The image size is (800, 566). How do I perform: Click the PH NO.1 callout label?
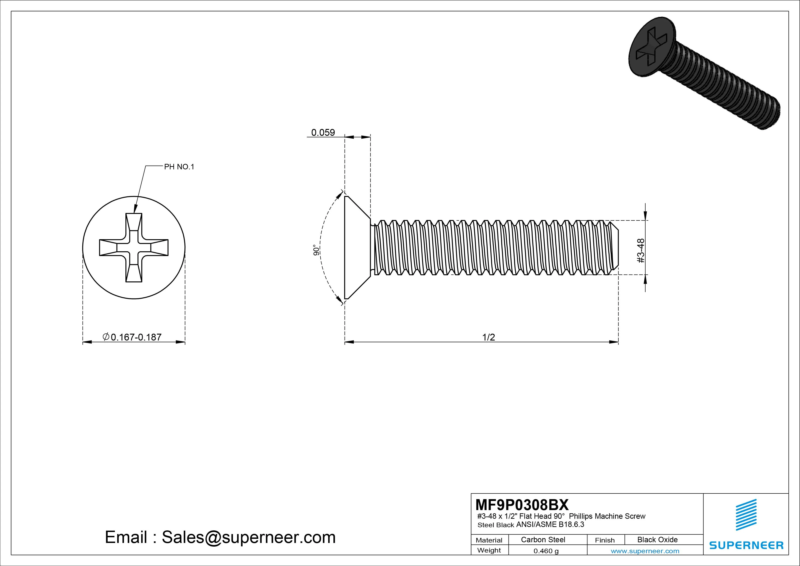point(179,167)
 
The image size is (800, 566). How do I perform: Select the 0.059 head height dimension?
point(323,133)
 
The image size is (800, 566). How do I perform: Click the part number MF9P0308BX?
point(522,505)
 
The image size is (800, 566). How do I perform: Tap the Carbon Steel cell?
point(543,540)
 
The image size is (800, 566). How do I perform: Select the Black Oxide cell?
point(657,540)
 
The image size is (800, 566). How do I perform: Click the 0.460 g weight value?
point(546,551)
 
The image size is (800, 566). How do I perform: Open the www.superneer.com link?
point(645,551)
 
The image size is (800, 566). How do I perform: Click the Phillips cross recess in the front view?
point(134,248)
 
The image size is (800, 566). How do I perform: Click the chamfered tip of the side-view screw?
point(614,248)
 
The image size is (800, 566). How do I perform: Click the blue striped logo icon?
point(746,514)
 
